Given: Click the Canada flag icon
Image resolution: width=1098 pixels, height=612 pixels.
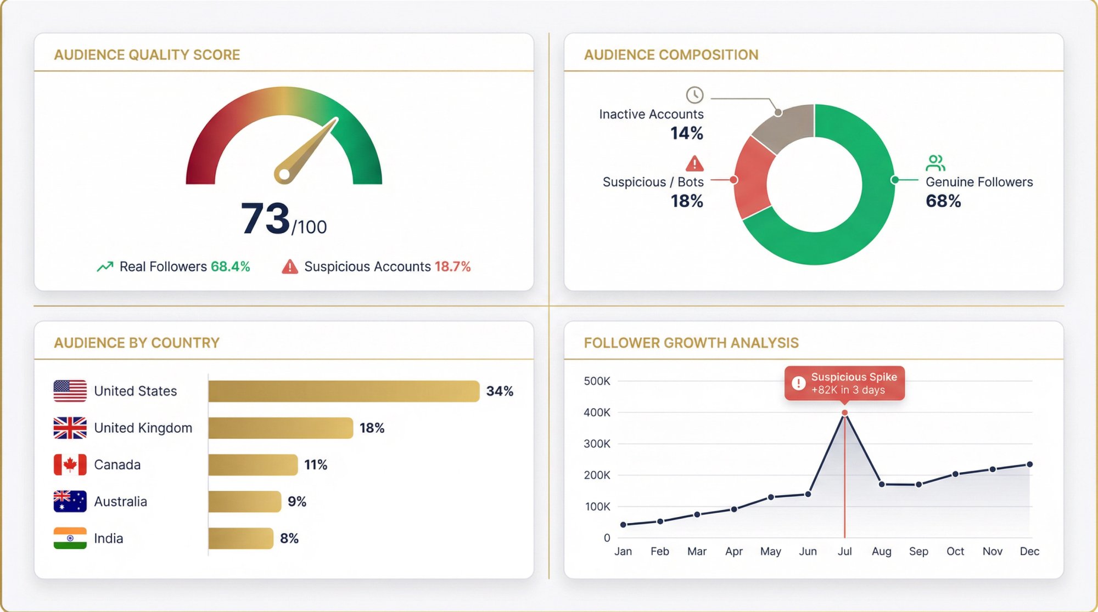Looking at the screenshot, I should point(70,464).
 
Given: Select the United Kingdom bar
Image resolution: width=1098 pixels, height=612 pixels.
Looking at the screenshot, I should point(281,428).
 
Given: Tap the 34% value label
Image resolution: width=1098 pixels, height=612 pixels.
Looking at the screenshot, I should point(500,391).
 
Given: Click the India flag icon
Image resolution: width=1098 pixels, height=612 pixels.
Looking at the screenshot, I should point(70,538).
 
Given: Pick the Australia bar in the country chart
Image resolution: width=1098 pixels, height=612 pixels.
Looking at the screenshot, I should point(245,501).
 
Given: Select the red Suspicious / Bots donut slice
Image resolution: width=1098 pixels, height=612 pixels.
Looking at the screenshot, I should point(752,178).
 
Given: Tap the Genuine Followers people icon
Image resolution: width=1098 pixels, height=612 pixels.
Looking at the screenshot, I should point(935,163).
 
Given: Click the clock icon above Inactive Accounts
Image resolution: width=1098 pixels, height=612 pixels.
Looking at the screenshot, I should point(694,95).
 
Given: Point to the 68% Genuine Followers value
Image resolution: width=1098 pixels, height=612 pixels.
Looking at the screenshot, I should point(943,201).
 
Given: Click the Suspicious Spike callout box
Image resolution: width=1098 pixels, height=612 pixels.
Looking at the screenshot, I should point(844,383).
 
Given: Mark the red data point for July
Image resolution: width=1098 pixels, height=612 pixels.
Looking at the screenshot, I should point(844,412).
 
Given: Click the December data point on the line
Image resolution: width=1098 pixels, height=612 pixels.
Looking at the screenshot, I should point(1029,464).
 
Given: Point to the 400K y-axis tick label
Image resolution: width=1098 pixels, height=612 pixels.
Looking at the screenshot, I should point(597,412).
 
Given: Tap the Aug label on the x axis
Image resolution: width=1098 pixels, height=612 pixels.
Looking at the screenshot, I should point(881,551).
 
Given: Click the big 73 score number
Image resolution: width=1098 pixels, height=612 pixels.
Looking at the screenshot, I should point(265,218).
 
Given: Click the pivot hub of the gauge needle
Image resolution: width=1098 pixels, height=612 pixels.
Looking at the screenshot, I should point(284,174).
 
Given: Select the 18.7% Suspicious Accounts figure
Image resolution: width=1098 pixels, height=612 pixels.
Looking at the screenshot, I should point(452,267).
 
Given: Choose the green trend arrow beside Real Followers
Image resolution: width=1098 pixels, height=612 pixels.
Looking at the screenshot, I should point(105,267).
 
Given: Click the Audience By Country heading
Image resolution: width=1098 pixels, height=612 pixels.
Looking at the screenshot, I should point(137,343).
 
